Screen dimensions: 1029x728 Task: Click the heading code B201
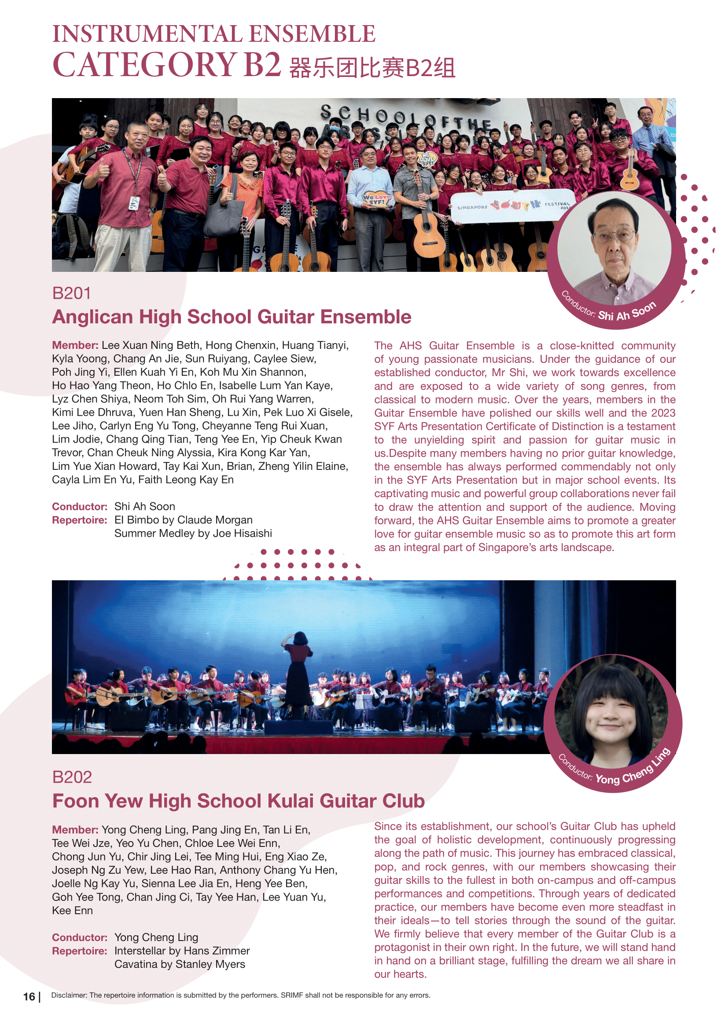pos(72,293)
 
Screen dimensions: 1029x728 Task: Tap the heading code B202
pos(72,777)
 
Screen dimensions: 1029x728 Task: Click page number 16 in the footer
pos(29,996)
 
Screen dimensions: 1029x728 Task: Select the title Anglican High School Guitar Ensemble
pos(232,317)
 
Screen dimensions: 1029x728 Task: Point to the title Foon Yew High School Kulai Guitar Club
pos(239,801)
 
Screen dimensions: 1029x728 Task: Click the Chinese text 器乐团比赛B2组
pos(372,69)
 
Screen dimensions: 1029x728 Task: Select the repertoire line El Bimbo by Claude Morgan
pos(184,520)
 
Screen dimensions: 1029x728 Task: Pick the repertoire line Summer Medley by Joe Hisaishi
pos(193,533)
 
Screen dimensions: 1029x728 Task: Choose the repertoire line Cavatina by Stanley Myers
pos(180,964)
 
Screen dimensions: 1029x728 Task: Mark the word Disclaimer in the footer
pos(69,996)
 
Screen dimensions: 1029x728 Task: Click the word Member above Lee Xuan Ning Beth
pos(75,345)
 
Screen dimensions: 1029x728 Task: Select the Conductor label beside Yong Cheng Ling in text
pos(79,937)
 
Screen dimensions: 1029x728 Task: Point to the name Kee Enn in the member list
pos(72,910)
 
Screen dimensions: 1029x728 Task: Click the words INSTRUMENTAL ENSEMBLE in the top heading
pos(214,34)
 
